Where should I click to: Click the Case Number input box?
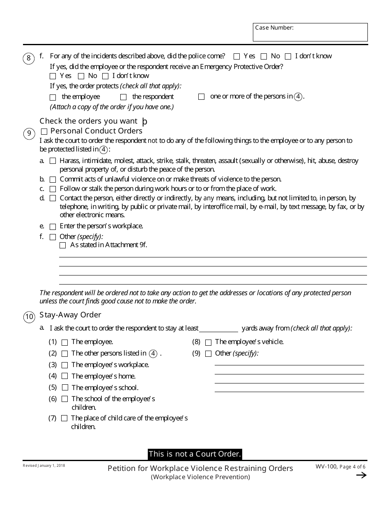[x=310, y=32]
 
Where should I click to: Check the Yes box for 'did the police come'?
[x=236, y=56]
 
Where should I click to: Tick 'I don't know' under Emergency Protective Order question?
[x=105, y=76]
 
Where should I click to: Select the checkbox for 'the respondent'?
[x=123, y=97]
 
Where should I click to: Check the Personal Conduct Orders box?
[x=44, y=131]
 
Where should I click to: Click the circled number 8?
[x=28, y=58]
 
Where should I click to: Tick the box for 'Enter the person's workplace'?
[x=53, y=227]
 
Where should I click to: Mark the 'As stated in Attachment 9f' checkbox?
[x=62, y=246]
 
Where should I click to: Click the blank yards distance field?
[x=218, y=328]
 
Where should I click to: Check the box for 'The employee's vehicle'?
[x=208, y=342]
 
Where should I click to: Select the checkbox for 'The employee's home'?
[x=65, y=376]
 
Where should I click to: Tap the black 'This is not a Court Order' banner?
[x=195, y=454]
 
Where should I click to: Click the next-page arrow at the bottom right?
[x=361, y=475]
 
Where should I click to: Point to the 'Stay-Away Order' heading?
[x=70, y=315]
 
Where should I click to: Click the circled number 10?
[x=29, y=317]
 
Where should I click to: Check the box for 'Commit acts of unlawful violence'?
[x=53, y=180]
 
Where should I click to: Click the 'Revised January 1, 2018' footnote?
[x=44, y=466]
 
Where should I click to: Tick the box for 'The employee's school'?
[x=65, y=388]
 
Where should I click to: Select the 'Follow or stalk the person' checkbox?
[x=53, y=189]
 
